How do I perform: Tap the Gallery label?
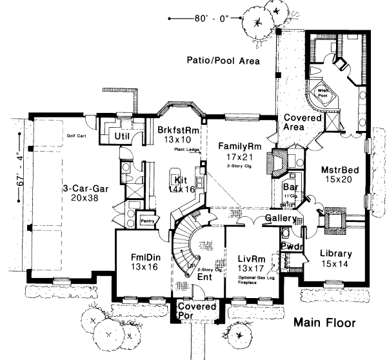(x=280, y=219)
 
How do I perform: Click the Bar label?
(x=290, y=188)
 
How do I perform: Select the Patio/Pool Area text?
(x=223, y=62)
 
